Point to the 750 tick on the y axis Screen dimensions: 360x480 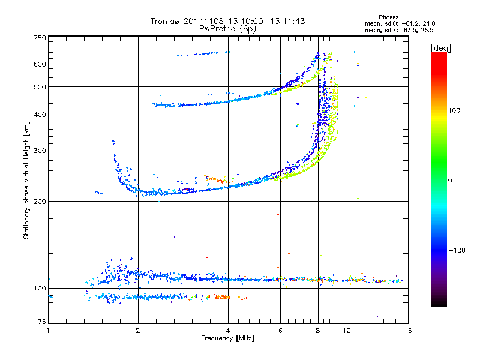click(40, 37)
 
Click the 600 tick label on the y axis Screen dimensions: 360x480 click(40, 64)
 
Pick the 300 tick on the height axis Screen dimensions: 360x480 click(40, 151)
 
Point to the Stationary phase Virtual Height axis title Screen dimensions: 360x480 click(26, 180)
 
